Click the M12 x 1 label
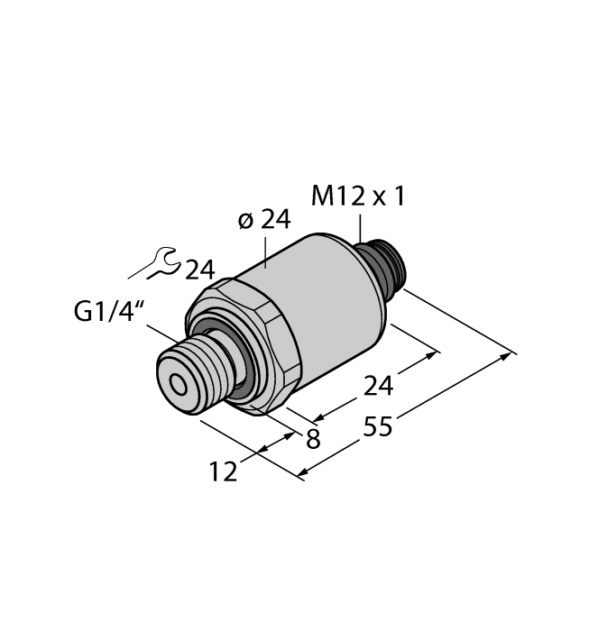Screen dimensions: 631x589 [358, 197]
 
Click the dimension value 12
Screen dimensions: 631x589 [223, 471]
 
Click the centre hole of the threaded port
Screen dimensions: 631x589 [179, 386]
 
